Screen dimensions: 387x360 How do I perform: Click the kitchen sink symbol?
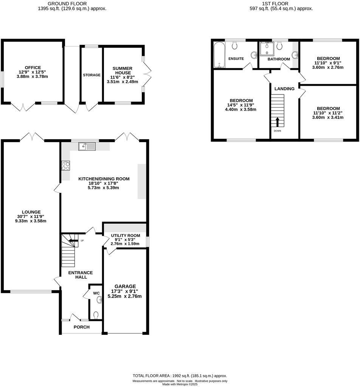tap(87, 146)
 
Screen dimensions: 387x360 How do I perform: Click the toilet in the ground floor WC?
tap(96, 314)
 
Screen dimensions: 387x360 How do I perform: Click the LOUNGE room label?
tap(31, 212)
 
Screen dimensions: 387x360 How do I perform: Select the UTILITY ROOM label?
tap(125, 235)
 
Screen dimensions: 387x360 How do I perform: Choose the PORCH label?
tap(81, 327)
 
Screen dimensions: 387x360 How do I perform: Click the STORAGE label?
tap(92, 75)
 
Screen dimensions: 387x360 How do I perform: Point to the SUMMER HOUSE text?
tap(122, 70)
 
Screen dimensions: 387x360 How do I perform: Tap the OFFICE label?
tap(33, 68)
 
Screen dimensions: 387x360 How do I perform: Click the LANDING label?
tap(284, 89)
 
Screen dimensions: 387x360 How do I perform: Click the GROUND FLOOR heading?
tap(72, 3)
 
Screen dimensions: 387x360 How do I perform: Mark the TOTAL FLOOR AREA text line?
tap(180, 376)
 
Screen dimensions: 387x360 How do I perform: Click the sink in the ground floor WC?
tap(99, 300)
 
